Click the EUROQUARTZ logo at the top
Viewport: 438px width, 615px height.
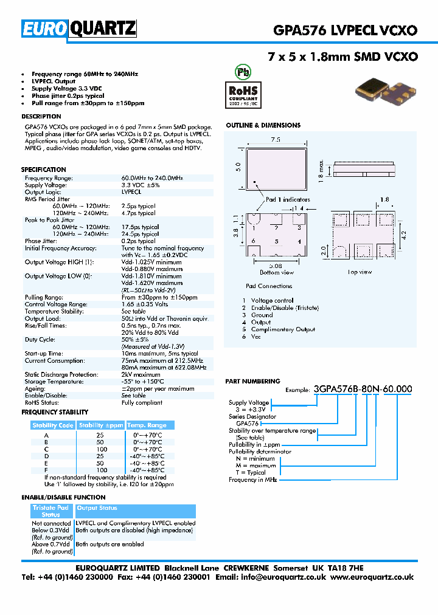click(x=79, y=28)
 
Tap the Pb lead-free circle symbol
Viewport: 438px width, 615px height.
click(x=243, y=72)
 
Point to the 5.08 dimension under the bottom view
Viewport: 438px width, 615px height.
click(x=276, y=265)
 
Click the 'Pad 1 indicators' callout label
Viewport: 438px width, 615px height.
click(x=287, y=199)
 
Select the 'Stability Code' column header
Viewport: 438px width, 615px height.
click(x=53, y=425)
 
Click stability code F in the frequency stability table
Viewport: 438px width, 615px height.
click(x=46, y=470)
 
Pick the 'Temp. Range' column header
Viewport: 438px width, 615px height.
click(x=146, y=425)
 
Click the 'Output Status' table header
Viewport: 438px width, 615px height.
click(x=97, y=508)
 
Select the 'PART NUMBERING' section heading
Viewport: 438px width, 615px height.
click(x=252, y=381)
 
